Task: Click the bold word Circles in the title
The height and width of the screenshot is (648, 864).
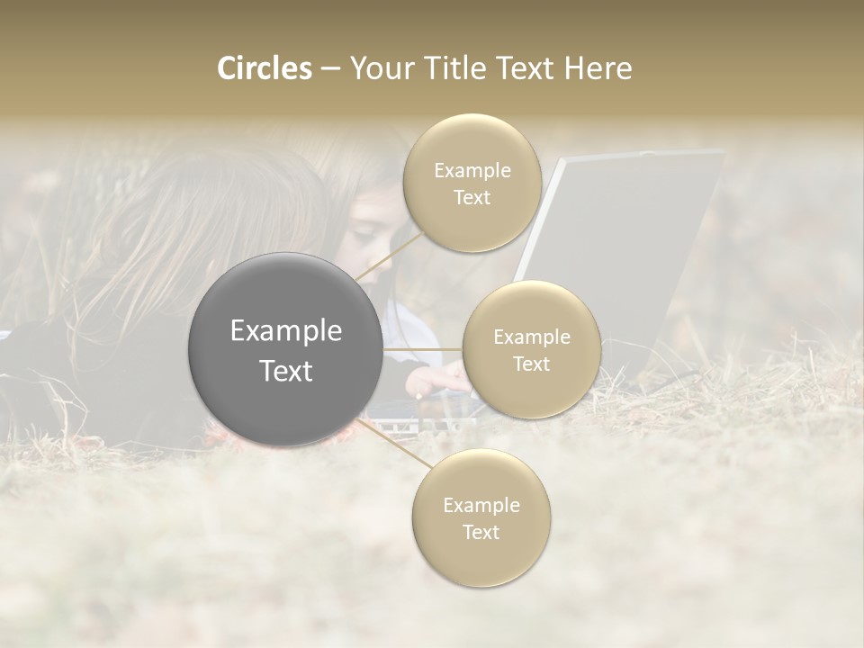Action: click(265, 68)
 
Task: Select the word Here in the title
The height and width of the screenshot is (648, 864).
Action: click(598, 68)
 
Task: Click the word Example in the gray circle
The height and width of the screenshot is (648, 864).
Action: click(286, 331)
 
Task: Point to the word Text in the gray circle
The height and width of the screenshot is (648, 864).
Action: click(286, 371)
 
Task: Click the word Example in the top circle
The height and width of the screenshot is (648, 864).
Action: click(472, 171)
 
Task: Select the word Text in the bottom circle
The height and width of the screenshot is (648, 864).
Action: click(481, 533)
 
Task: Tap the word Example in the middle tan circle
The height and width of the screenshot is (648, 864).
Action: click(532, 337)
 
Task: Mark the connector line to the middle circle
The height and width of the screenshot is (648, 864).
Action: click(422, 349)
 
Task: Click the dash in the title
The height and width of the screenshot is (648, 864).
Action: click(330, 68)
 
